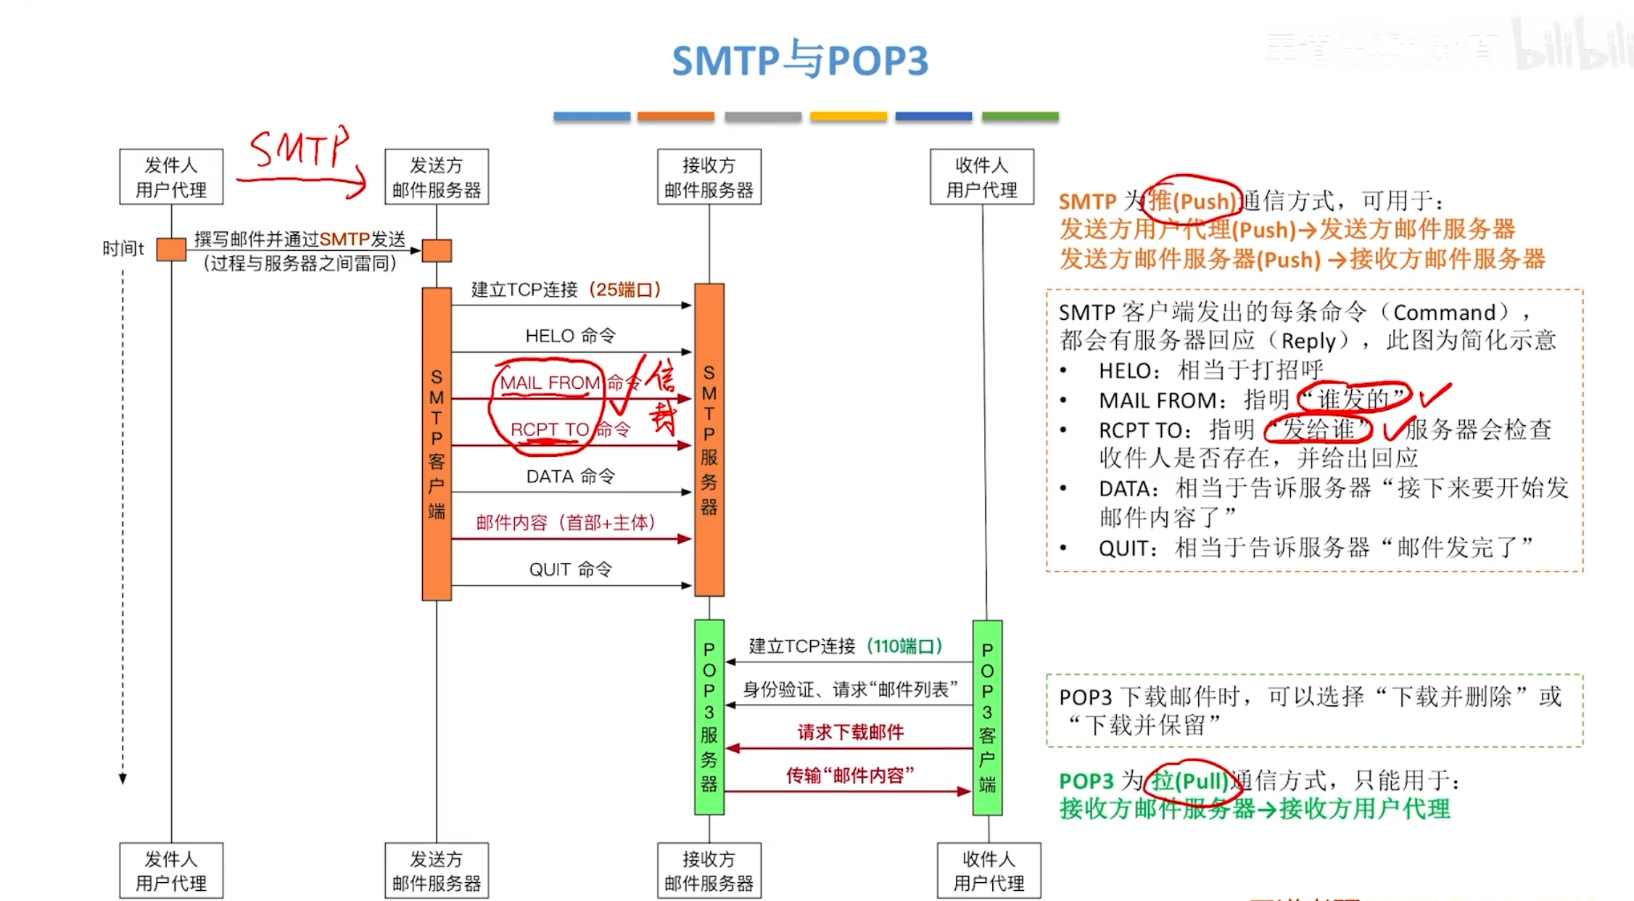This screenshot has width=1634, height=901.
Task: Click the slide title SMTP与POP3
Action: point(799,60)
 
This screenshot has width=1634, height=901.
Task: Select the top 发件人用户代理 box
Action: point(171,177)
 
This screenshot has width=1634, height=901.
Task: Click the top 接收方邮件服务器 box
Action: point(709,177)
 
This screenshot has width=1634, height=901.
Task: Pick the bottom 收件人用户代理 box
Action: point(989,871)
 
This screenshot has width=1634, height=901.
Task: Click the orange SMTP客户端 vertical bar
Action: point(437,443)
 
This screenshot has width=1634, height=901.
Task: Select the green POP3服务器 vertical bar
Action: point(709,717)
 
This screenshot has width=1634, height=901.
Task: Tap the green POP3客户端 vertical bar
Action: point(987,717)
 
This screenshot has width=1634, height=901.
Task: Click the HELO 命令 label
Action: point(570,336)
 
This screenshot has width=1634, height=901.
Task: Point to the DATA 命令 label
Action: point(570,477)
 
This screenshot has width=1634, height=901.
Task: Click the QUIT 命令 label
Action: point(570,569)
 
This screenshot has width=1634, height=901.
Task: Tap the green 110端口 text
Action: point(904,646)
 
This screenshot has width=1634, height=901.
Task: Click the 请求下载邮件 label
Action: point(850,733)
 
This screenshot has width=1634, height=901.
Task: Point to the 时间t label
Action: point(123,249)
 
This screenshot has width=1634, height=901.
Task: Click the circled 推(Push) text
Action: point(1192,201)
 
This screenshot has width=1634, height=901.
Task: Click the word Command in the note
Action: point(1444,313)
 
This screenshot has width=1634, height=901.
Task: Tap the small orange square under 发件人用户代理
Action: point(171,250)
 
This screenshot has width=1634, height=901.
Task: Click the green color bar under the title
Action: point(1020,116)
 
